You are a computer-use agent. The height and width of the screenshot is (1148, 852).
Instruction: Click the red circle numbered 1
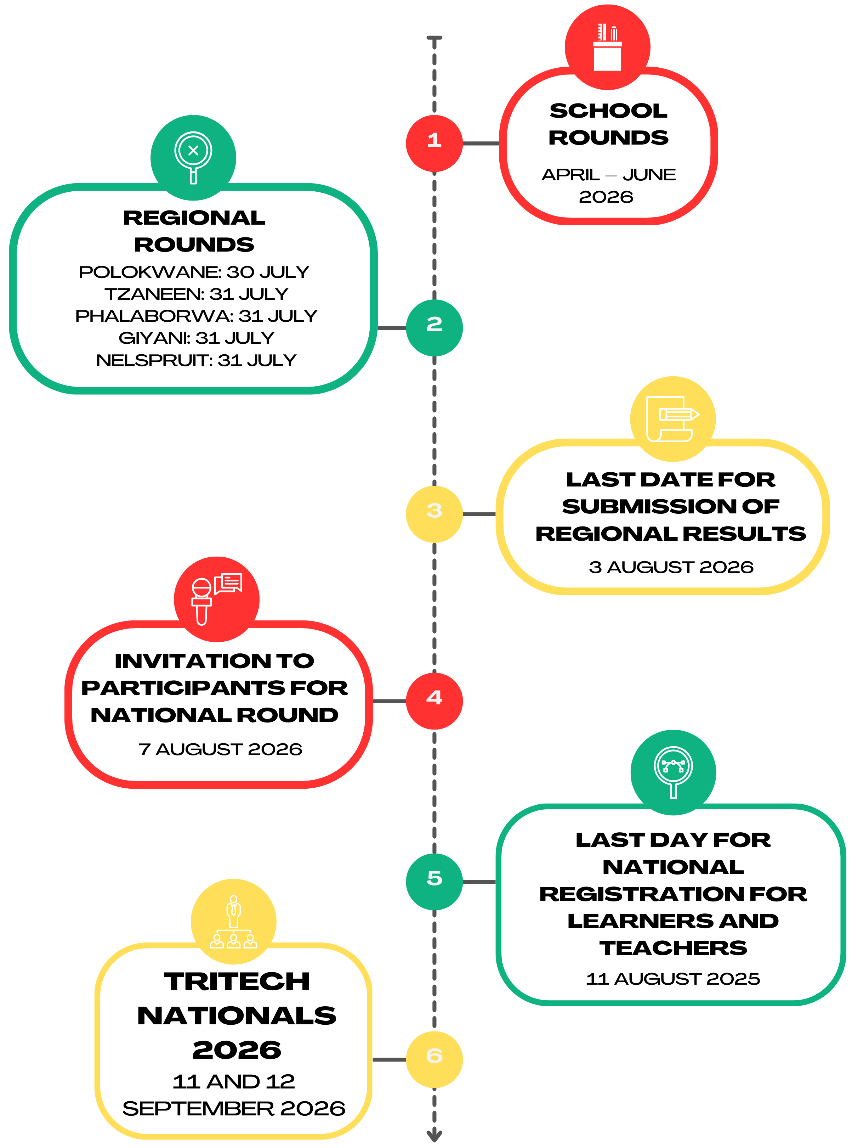(x=434, y=143)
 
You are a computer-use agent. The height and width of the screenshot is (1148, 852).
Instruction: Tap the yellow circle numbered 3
(x=434, y=514)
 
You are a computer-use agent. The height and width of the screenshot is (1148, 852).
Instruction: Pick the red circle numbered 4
(x=434, y=700)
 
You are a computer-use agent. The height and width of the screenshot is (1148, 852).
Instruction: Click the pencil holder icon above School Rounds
(x=608, y=47)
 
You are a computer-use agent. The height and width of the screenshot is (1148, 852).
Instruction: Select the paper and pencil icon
(x=672, y=419)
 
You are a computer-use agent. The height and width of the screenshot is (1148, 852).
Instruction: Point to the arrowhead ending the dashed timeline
(x=434, y=1136)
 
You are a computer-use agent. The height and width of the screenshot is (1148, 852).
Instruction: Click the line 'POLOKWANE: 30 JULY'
(x=194, y=272)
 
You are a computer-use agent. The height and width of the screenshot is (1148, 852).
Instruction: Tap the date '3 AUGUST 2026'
(x=671, y=567)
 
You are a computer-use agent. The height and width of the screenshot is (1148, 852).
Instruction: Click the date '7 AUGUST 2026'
(x=220, y=749)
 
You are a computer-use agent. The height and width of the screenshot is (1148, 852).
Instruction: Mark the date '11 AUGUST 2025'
(x=672, y=979)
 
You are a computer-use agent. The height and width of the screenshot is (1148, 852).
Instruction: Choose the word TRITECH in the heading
(x=237, y=982)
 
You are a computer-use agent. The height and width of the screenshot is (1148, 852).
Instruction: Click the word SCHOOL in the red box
(x=609, y=111)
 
